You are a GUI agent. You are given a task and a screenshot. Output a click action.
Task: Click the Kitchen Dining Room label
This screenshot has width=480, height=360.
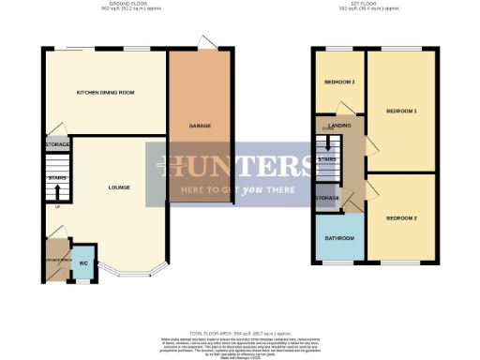point(106,93)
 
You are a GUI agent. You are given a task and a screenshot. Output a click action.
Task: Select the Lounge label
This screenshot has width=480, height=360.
point(118,187)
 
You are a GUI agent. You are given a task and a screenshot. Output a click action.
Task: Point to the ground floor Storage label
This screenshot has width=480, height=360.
point(57,145)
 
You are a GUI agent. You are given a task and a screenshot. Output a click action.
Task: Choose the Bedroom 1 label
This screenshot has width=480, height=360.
point(400,111)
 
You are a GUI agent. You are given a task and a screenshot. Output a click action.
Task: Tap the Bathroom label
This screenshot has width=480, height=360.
point(339,238)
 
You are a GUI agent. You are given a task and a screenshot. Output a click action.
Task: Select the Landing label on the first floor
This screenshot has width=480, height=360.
point(340,125)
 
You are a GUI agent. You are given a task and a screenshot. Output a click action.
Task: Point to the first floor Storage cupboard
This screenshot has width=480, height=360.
point(327,199)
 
